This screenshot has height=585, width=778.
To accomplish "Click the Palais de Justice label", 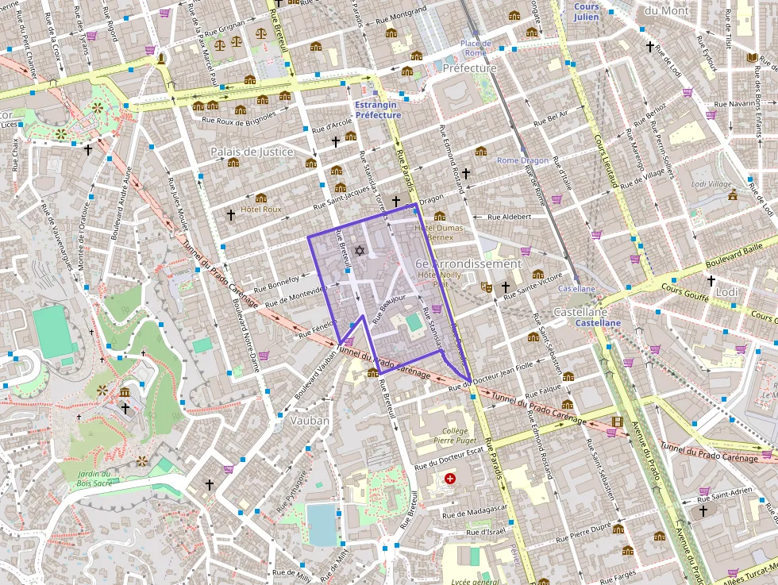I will (x=252, y=152).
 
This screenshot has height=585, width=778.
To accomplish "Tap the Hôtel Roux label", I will (x=261, y=210).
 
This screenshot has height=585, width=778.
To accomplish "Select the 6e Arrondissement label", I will (x=468, y=264).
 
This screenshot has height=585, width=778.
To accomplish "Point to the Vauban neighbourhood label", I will (x=310, y=420).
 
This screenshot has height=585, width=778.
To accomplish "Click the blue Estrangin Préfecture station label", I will (x=378, y=110).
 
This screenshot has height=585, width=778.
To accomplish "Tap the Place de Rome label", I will (x=476, y=48).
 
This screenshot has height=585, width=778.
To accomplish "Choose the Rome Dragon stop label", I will (x=522, y=160).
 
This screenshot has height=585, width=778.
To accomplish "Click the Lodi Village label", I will (x=711, y=183).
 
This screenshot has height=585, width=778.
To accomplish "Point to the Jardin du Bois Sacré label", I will (x=94, y=479).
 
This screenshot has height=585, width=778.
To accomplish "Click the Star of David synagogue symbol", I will (x=359, y=251).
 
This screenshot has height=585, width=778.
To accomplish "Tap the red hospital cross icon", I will (x=450, y=479).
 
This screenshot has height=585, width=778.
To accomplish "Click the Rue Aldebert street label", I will (x=508, y=217).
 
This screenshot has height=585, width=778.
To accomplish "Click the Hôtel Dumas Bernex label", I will (x=434, y=233).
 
